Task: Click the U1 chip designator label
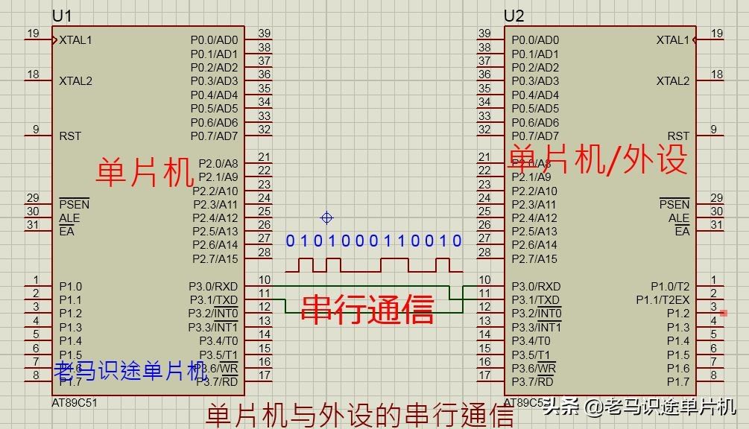coord(63,16)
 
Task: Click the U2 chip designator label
coord(514,16)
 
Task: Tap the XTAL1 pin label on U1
coord(76,40)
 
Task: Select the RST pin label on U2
coord(678,136)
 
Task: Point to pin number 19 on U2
coord(716,34)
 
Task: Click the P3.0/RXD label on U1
coord(213,286)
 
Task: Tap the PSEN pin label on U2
coord(674,204)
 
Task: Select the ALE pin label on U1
coord(69,218)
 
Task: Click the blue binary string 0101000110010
coord(374,241)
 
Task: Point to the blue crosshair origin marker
coord(326,218)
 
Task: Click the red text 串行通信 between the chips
coord(367,308)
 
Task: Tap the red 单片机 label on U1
coord(145,173)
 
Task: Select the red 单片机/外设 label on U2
coord(597,159)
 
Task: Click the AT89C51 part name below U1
coord(75,402)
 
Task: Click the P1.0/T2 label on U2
coord(670,286)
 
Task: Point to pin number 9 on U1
coord(35,130)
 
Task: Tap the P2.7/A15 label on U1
coord(215,259)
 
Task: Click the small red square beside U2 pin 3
coord(724,313)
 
